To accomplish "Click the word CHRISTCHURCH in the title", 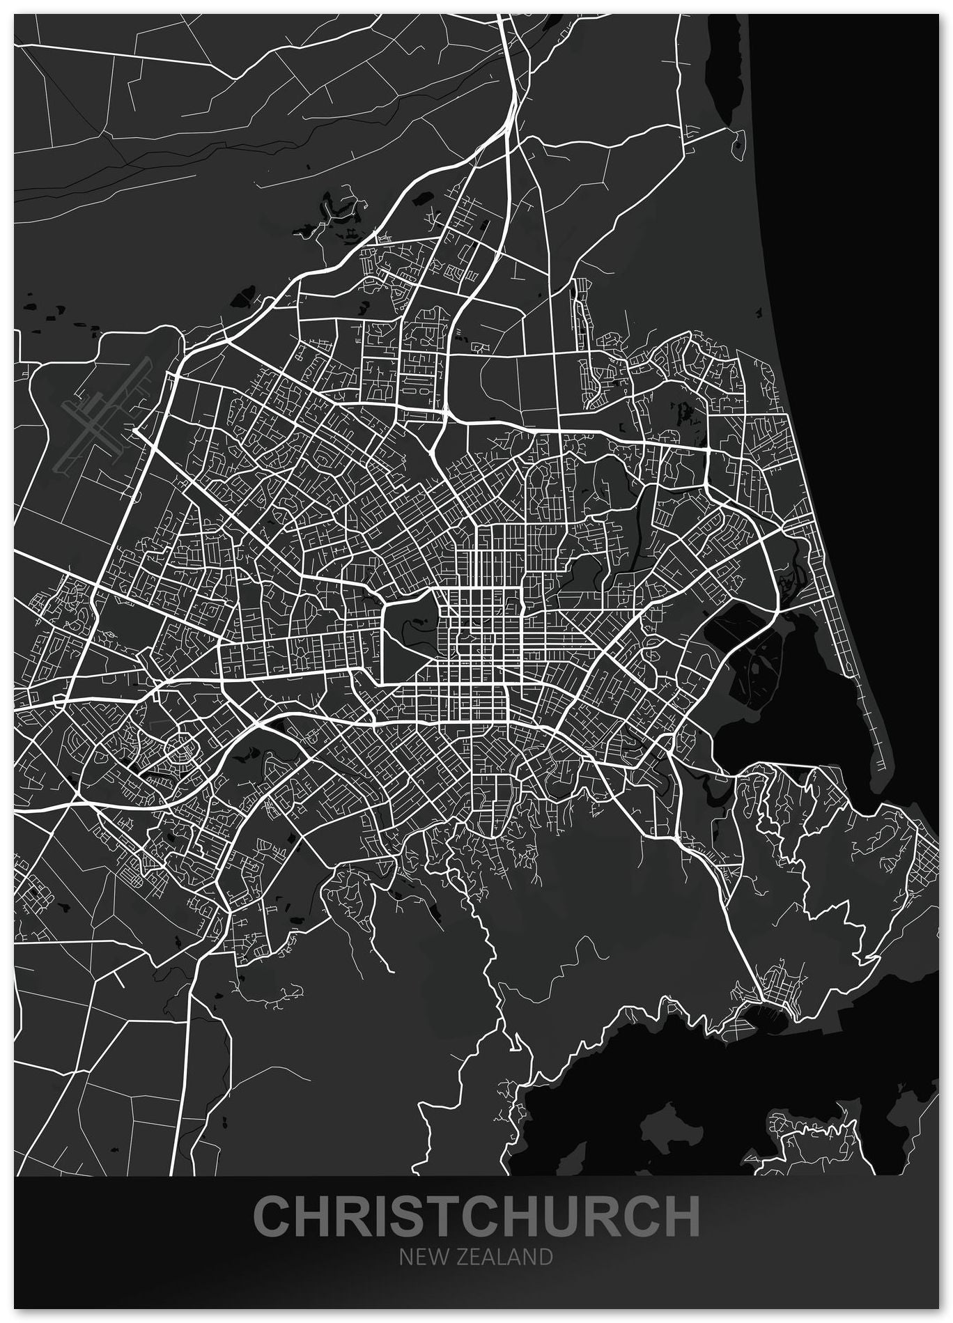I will (x=477, y=1216).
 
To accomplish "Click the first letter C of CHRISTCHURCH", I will (x=272, y=1216).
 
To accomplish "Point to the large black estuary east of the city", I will (x=801, y=704).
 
